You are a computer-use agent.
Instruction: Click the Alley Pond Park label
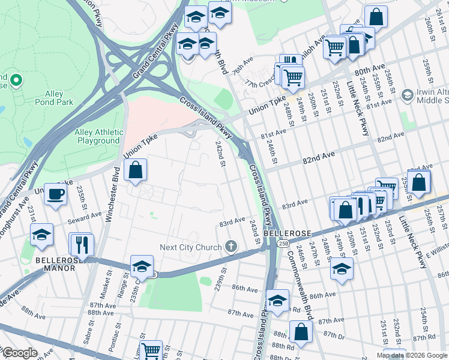click(x=59, y=98)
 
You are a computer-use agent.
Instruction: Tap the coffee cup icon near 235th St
click(x=56, y=195)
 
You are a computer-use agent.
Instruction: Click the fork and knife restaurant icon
click(x=81, y=244)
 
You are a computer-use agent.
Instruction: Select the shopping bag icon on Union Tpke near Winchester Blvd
click(x=136, y=170)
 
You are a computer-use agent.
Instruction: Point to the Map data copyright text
click(x=411, y=355)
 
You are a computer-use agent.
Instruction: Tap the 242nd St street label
click(x=221, y=153)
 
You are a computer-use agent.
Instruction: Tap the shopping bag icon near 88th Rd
click(x=300, y=331)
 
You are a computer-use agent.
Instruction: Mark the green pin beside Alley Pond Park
click(x=16, y=80)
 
